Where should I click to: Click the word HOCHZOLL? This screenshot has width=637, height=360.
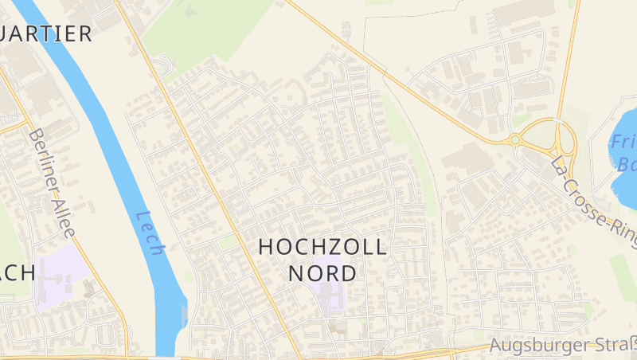point(322,247)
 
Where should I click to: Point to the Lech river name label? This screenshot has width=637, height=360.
point(150,233)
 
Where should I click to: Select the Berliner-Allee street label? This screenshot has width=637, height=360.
point(51,183)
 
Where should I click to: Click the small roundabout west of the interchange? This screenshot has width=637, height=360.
point(515,140)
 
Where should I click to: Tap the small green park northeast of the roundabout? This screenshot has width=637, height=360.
point(522,120)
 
